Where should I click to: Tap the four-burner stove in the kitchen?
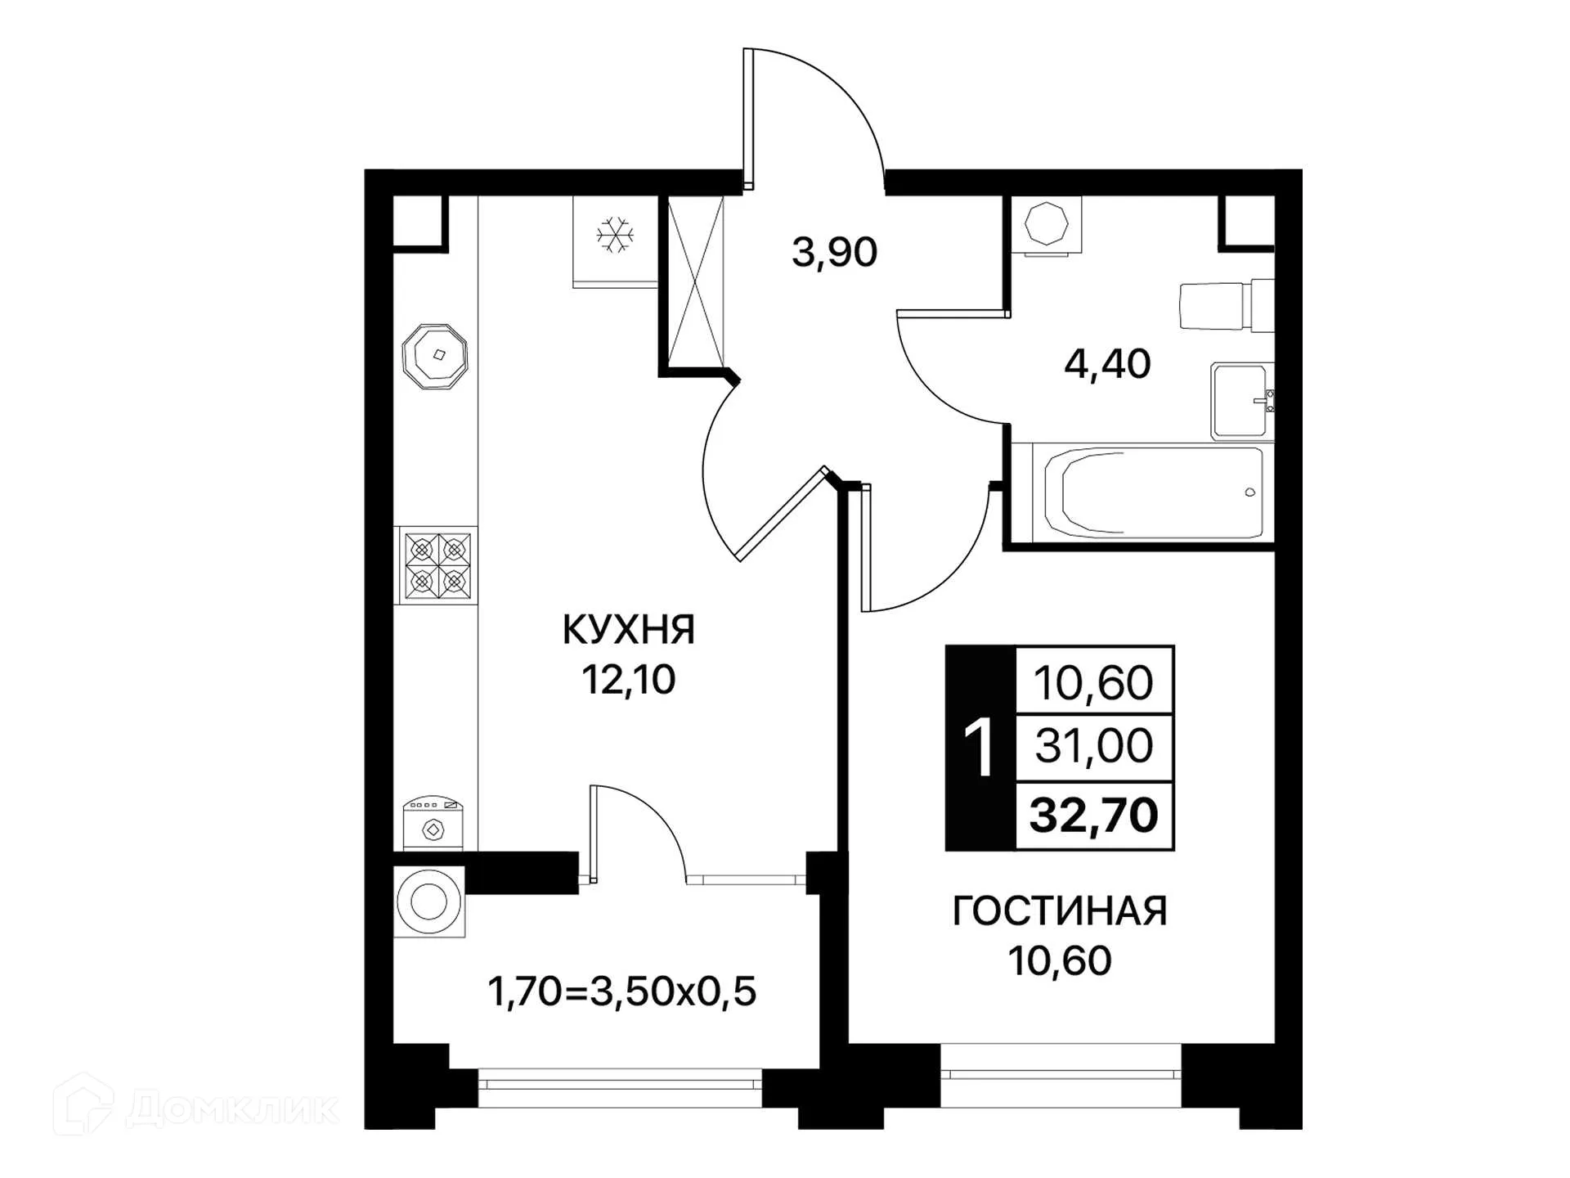(437, 564)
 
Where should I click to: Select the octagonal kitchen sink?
(435, 356)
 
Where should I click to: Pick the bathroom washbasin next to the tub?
(1240, 401)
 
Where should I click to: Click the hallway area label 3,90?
(834, 252)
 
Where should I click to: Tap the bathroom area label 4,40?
(1107, 363)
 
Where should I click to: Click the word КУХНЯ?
(628, 630)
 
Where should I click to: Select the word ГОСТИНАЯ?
(1060, 911)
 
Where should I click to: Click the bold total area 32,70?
(1093, 815)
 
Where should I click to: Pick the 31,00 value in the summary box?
(1093, 746)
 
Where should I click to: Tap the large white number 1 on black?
(979, 748)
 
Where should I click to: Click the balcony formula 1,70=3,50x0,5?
(621, 991)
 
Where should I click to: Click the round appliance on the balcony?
(428, 902)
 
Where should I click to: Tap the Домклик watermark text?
(232, 1109)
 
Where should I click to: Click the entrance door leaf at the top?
(747, 119)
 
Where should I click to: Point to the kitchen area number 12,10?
(628, 679)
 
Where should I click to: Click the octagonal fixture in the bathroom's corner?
(1046, 223)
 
